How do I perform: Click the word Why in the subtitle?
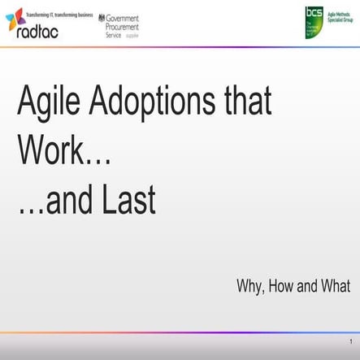coord(250,286)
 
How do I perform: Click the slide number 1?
coord(349,342)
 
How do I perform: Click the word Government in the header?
coord(123,18)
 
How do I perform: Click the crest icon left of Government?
coord(101,18)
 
